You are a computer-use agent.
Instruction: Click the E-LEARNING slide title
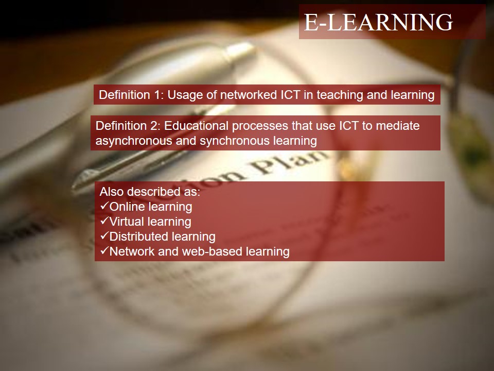(x=378, y=22)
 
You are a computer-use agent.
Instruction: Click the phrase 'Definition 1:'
(x=130, y=95)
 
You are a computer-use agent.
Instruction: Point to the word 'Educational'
(x=196, y=126)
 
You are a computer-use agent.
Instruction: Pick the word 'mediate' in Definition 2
(x=398, y=126)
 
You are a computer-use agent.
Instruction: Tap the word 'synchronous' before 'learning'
(x=235, y=141)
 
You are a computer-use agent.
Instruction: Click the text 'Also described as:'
(x=150, y=192)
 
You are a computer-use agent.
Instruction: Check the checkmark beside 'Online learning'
(x=104, y=206)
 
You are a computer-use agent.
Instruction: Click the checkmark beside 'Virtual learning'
(x=104, y=221)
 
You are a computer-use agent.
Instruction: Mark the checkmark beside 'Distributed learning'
(x=104, y=236)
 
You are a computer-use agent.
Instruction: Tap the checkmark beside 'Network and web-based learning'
(x=104, y=251)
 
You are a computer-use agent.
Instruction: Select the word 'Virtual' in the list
(x=127, y=222)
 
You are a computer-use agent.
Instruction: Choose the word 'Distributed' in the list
(x=134, y=237)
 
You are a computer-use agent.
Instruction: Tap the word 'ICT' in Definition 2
(x=349, y=126)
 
